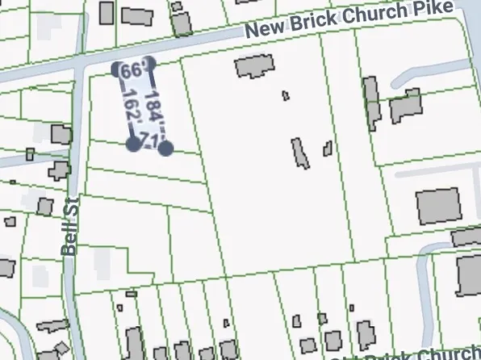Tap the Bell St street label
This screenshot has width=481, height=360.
pyautogui.click(x=70, y=226)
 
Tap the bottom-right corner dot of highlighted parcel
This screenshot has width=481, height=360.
pyautogui.click(x=165, y=149)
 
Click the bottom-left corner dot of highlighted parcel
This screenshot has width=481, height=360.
pyautogui.click(x=132, y=144)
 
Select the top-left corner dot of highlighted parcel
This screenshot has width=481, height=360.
pyautogui.click(x=118, y=68)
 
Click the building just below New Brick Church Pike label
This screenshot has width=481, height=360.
pyautogui.click(x=255, y=65)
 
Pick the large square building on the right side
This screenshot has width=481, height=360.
pyautogui.click(x=436, y=207)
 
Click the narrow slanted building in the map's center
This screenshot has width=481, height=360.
pyautogui.click(x=300, y=153)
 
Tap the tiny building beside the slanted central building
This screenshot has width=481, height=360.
pyautogui.click(x=328, y=149)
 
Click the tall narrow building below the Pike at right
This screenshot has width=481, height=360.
pyautogui.click(x=371, y=102)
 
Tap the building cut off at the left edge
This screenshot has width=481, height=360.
pyautogui.click(x=6, y=267)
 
